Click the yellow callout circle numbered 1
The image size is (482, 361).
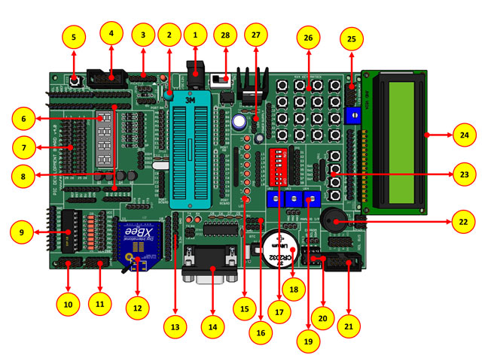click(196, 35)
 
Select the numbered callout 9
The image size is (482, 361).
click(22, 232)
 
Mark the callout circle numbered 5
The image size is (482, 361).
click(74, 36)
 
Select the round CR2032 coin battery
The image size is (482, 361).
click(279, 250)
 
